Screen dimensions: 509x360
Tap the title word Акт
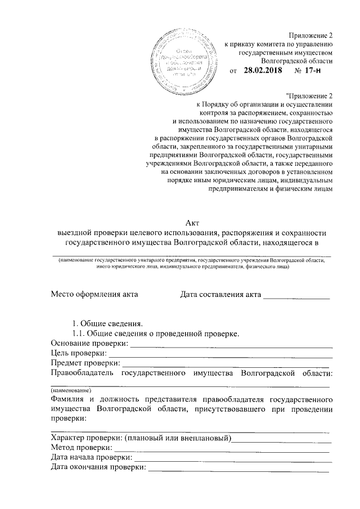point(193,224)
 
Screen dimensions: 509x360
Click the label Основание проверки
point(89,343)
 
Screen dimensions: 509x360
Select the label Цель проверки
point(78,353)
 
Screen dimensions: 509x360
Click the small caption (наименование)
point(71,390)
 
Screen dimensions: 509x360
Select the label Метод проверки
point(80,448)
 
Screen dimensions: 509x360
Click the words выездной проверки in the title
point(97,233)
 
